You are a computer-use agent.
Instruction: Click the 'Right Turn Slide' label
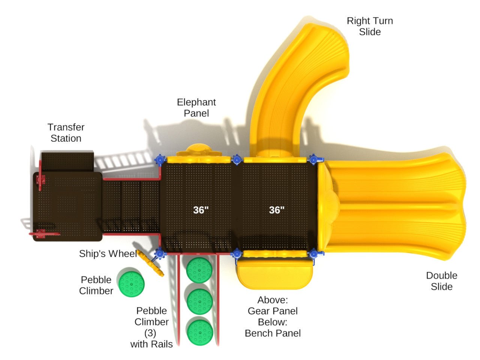click(370, 26)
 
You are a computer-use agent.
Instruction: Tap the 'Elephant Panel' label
click(196, 108)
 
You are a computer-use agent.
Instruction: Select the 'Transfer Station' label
click(66, 133)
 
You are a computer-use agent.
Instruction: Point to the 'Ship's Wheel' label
click(108, 254)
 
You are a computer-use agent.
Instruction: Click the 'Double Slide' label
click(441, 281)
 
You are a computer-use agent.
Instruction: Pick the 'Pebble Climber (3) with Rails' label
click(151, 327)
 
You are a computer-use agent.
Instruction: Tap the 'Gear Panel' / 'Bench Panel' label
click(273, 316)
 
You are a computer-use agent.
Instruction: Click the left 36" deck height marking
click(201, 210)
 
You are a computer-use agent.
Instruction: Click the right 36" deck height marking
click(277, 210)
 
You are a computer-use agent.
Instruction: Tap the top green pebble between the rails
click(199, 270)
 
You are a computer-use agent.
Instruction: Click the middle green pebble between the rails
click(199, 301)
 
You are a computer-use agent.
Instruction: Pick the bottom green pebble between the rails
click(200, 331)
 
